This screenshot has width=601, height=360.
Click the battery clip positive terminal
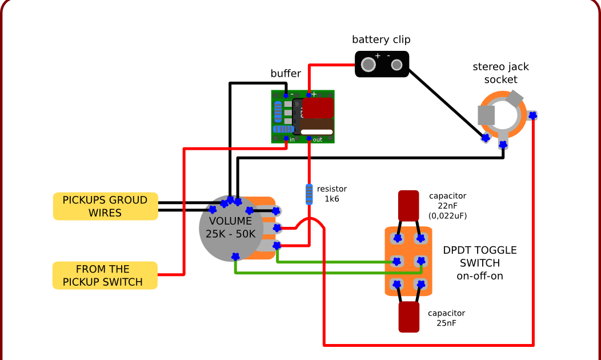[x=369, y=65]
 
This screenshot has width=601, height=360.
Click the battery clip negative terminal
[x=396, y=65]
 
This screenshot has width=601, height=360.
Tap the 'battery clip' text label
[x=380, y=39]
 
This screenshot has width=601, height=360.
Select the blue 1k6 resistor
[x=309, y=194]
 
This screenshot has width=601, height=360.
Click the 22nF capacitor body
[x=409, y=205]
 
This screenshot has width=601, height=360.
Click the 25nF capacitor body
[x=409, y=317]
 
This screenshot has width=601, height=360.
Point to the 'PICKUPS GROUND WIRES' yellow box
[x=105, y=206]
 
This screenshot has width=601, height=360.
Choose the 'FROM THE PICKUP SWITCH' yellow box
[x=105, y=275]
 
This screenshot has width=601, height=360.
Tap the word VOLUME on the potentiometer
[x=230, y=221]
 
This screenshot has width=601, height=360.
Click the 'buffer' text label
[x=286, y=74]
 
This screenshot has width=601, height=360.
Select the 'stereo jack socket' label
[x=500, y=73]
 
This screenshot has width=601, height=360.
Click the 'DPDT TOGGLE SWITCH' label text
[x=479, y=263]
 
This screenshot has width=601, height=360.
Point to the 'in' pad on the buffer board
[x=286, y=139]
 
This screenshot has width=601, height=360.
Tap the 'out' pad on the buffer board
[x=310, y=139]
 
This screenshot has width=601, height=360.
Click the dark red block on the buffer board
[x=318, y=107]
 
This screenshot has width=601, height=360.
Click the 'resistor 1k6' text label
[x=332, y=194]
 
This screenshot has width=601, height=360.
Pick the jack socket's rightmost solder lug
[x=532, y=115]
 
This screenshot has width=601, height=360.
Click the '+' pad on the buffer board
[x=310, y=94]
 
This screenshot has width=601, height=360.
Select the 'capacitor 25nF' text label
[x=446, y=318]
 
